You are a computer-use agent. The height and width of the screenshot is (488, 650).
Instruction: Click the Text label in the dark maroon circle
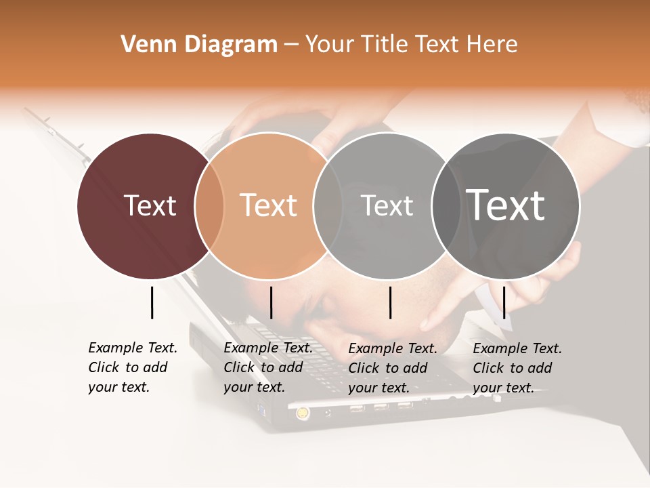click(150, 205)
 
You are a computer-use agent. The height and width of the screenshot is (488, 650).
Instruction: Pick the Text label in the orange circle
click(269, 205)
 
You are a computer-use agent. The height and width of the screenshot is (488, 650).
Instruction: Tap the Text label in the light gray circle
click(387, 205)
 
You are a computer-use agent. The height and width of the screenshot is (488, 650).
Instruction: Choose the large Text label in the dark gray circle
click(506, 205)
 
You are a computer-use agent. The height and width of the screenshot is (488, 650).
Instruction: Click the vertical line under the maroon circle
click(152, 302)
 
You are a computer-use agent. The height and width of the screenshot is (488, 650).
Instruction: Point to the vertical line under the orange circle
click(271, 302)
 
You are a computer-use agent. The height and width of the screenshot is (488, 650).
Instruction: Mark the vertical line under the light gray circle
click(391, 302)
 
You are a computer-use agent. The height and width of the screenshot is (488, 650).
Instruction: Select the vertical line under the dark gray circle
click(504, 302)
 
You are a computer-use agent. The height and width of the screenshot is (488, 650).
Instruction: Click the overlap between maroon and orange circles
click(209, 205)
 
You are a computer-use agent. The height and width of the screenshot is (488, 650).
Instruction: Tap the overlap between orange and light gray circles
click(328, 205)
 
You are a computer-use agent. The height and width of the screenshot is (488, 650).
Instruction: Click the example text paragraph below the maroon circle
click(133, 367)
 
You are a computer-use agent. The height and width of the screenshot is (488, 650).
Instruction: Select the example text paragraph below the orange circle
click(268, 367)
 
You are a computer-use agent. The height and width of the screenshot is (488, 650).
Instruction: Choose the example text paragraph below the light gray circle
click(393, 368)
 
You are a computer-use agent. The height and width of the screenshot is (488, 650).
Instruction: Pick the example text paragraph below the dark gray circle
click(517, 368)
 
